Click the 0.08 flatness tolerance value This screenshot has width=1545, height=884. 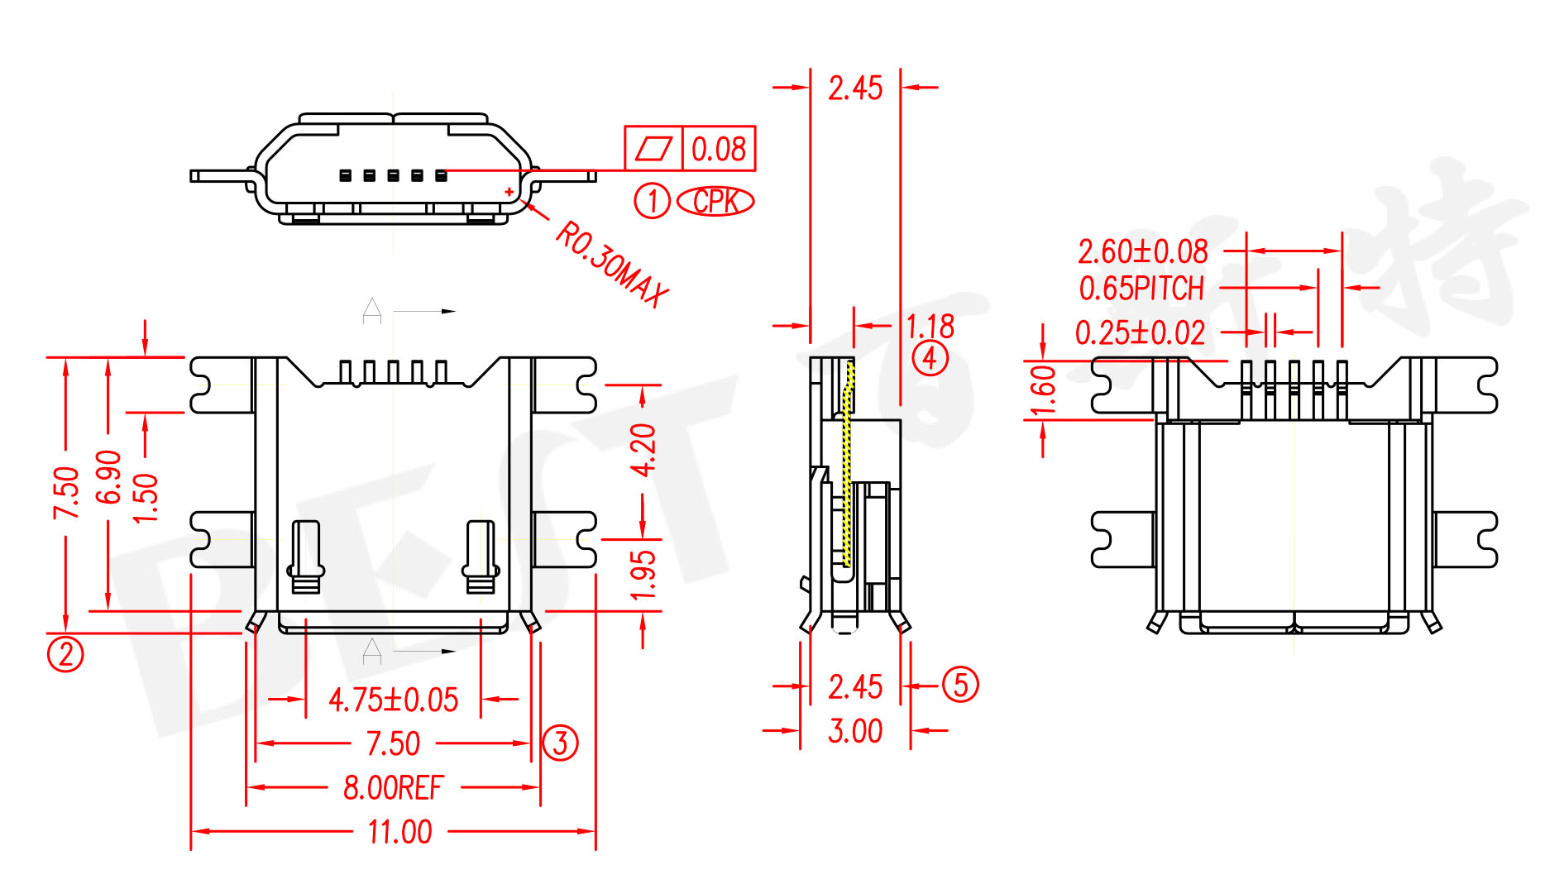coord(718,150)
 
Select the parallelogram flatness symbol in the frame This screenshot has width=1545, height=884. coord(653,150)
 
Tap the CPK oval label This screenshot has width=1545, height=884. coord(715,201)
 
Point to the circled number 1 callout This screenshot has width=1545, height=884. coord(652,201)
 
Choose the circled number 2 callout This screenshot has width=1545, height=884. coord(65,654)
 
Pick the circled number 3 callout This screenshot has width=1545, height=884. coord(560,743)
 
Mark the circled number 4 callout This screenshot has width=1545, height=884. coord(930,359)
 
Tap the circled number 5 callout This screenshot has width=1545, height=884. coord(960,685)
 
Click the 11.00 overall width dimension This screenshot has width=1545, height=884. coord(399,832)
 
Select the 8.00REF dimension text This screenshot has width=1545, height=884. coord(393,788)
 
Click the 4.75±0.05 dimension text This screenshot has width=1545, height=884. coord(393,700)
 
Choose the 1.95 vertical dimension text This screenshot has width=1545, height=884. coord(643,575)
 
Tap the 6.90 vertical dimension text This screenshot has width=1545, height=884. coord(108,477)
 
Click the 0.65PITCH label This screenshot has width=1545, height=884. coord(1141,289)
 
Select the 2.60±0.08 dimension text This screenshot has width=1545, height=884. coord(1142,251)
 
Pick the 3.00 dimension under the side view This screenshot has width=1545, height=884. coord(855,731)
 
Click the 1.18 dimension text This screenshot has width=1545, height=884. coord(930,326)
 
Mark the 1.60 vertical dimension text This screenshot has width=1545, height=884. coord(1044,390)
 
